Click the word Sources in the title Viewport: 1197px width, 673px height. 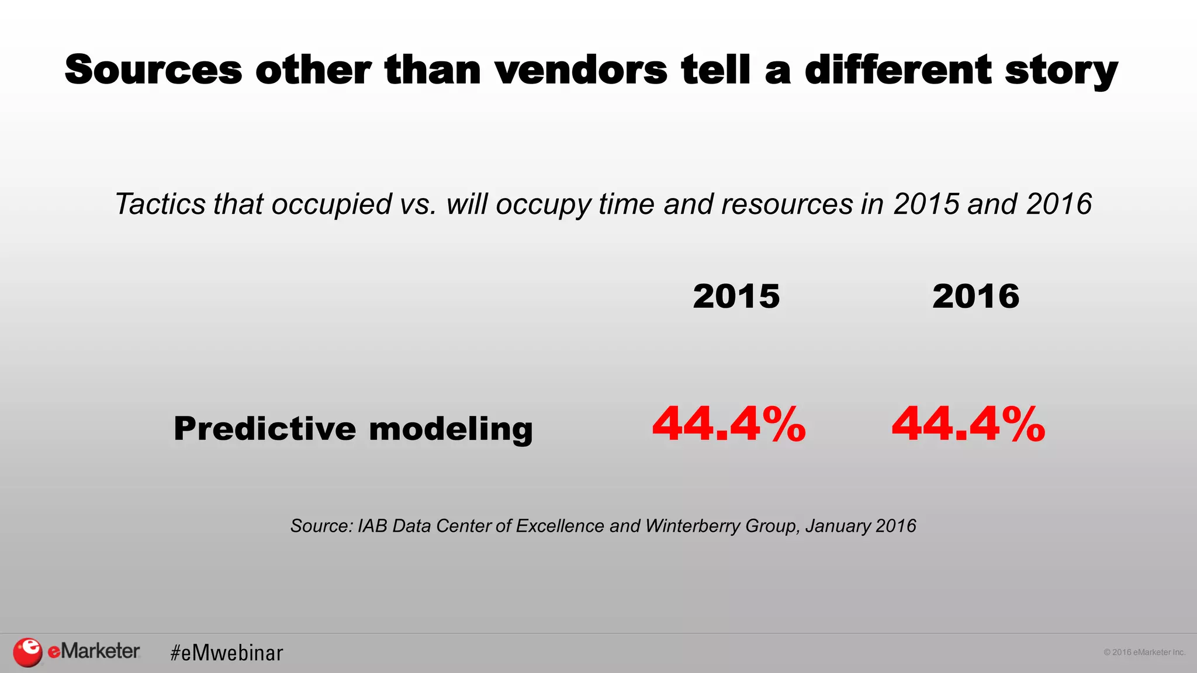click(153, 70)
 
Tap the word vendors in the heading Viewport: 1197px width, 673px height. click(581, 70)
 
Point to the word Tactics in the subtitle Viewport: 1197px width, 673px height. click(160, 204)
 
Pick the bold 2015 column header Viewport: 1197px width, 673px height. click(736, 296)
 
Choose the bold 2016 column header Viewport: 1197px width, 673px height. click(975, 296)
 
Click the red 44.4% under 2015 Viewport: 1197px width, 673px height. click(729, 424)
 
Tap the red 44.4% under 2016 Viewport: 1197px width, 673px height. click(968, 424)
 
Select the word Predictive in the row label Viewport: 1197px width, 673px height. click(264, 428)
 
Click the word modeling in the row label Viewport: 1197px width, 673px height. click(451, 429)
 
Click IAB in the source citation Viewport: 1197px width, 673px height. click(372, 526)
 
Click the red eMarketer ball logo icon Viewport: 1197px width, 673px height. click(27, 652)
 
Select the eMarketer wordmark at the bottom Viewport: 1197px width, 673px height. click(94, 651)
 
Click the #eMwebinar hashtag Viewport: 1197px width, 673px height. click(226, 653)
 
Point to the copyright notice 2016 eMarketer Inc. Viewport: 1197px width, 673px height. click(1144, 652)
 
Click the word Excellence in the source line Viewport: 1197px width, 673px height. click(559, 526)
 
